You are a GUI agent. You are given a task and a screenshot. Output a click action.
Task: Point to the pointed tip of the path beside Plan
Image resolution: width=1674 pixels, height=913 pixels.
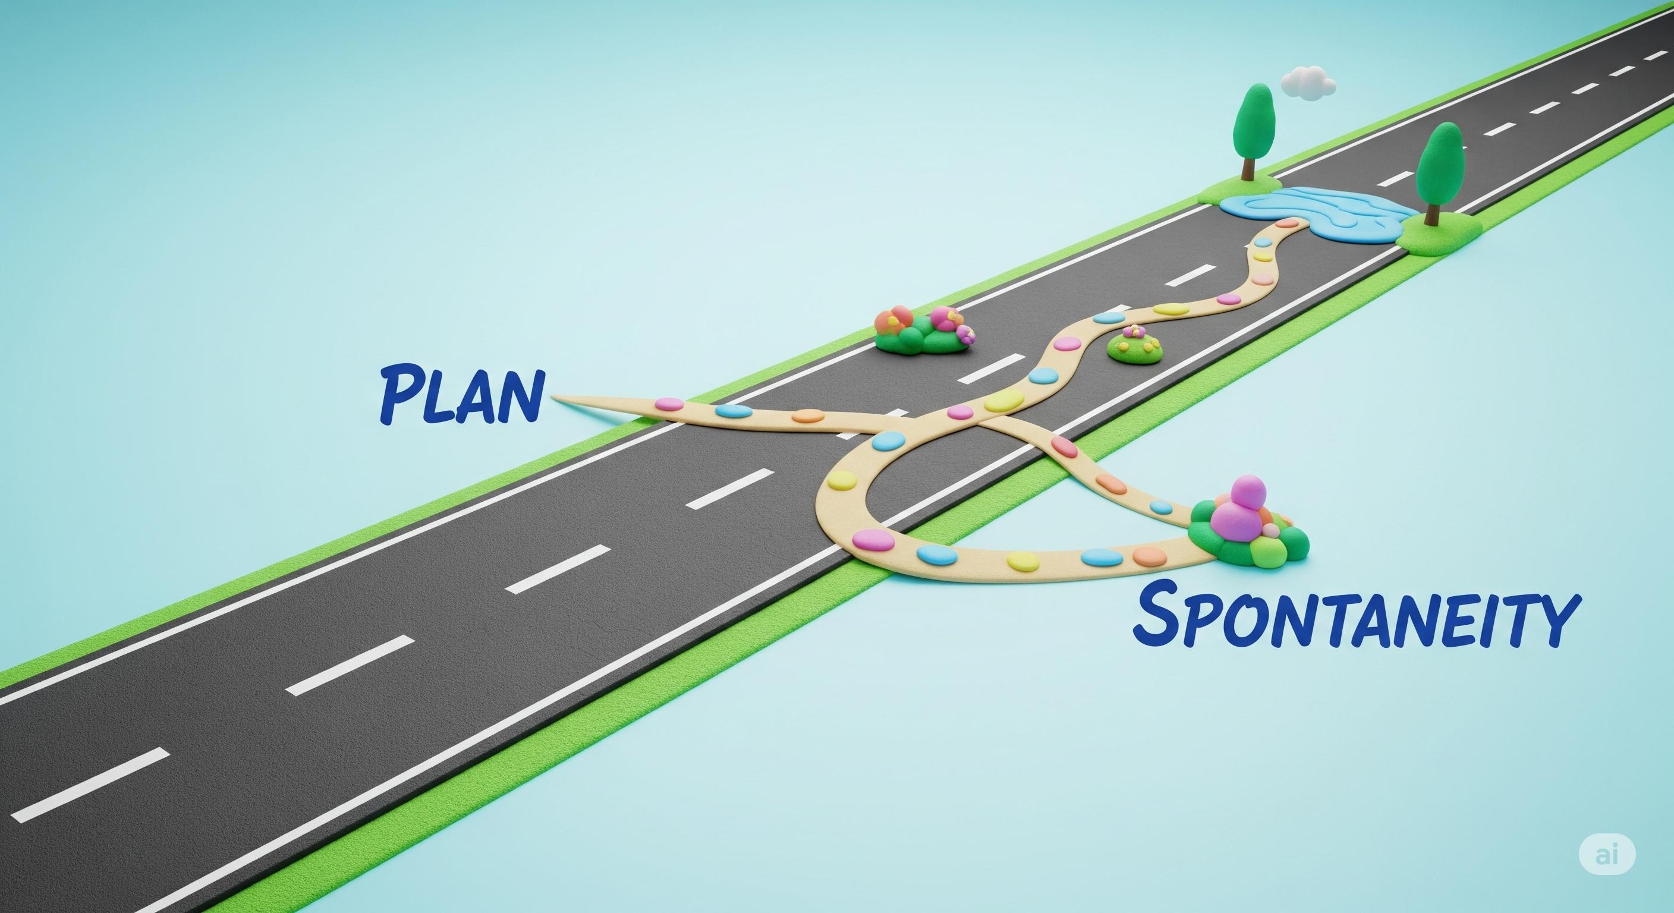coord(555,396)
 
